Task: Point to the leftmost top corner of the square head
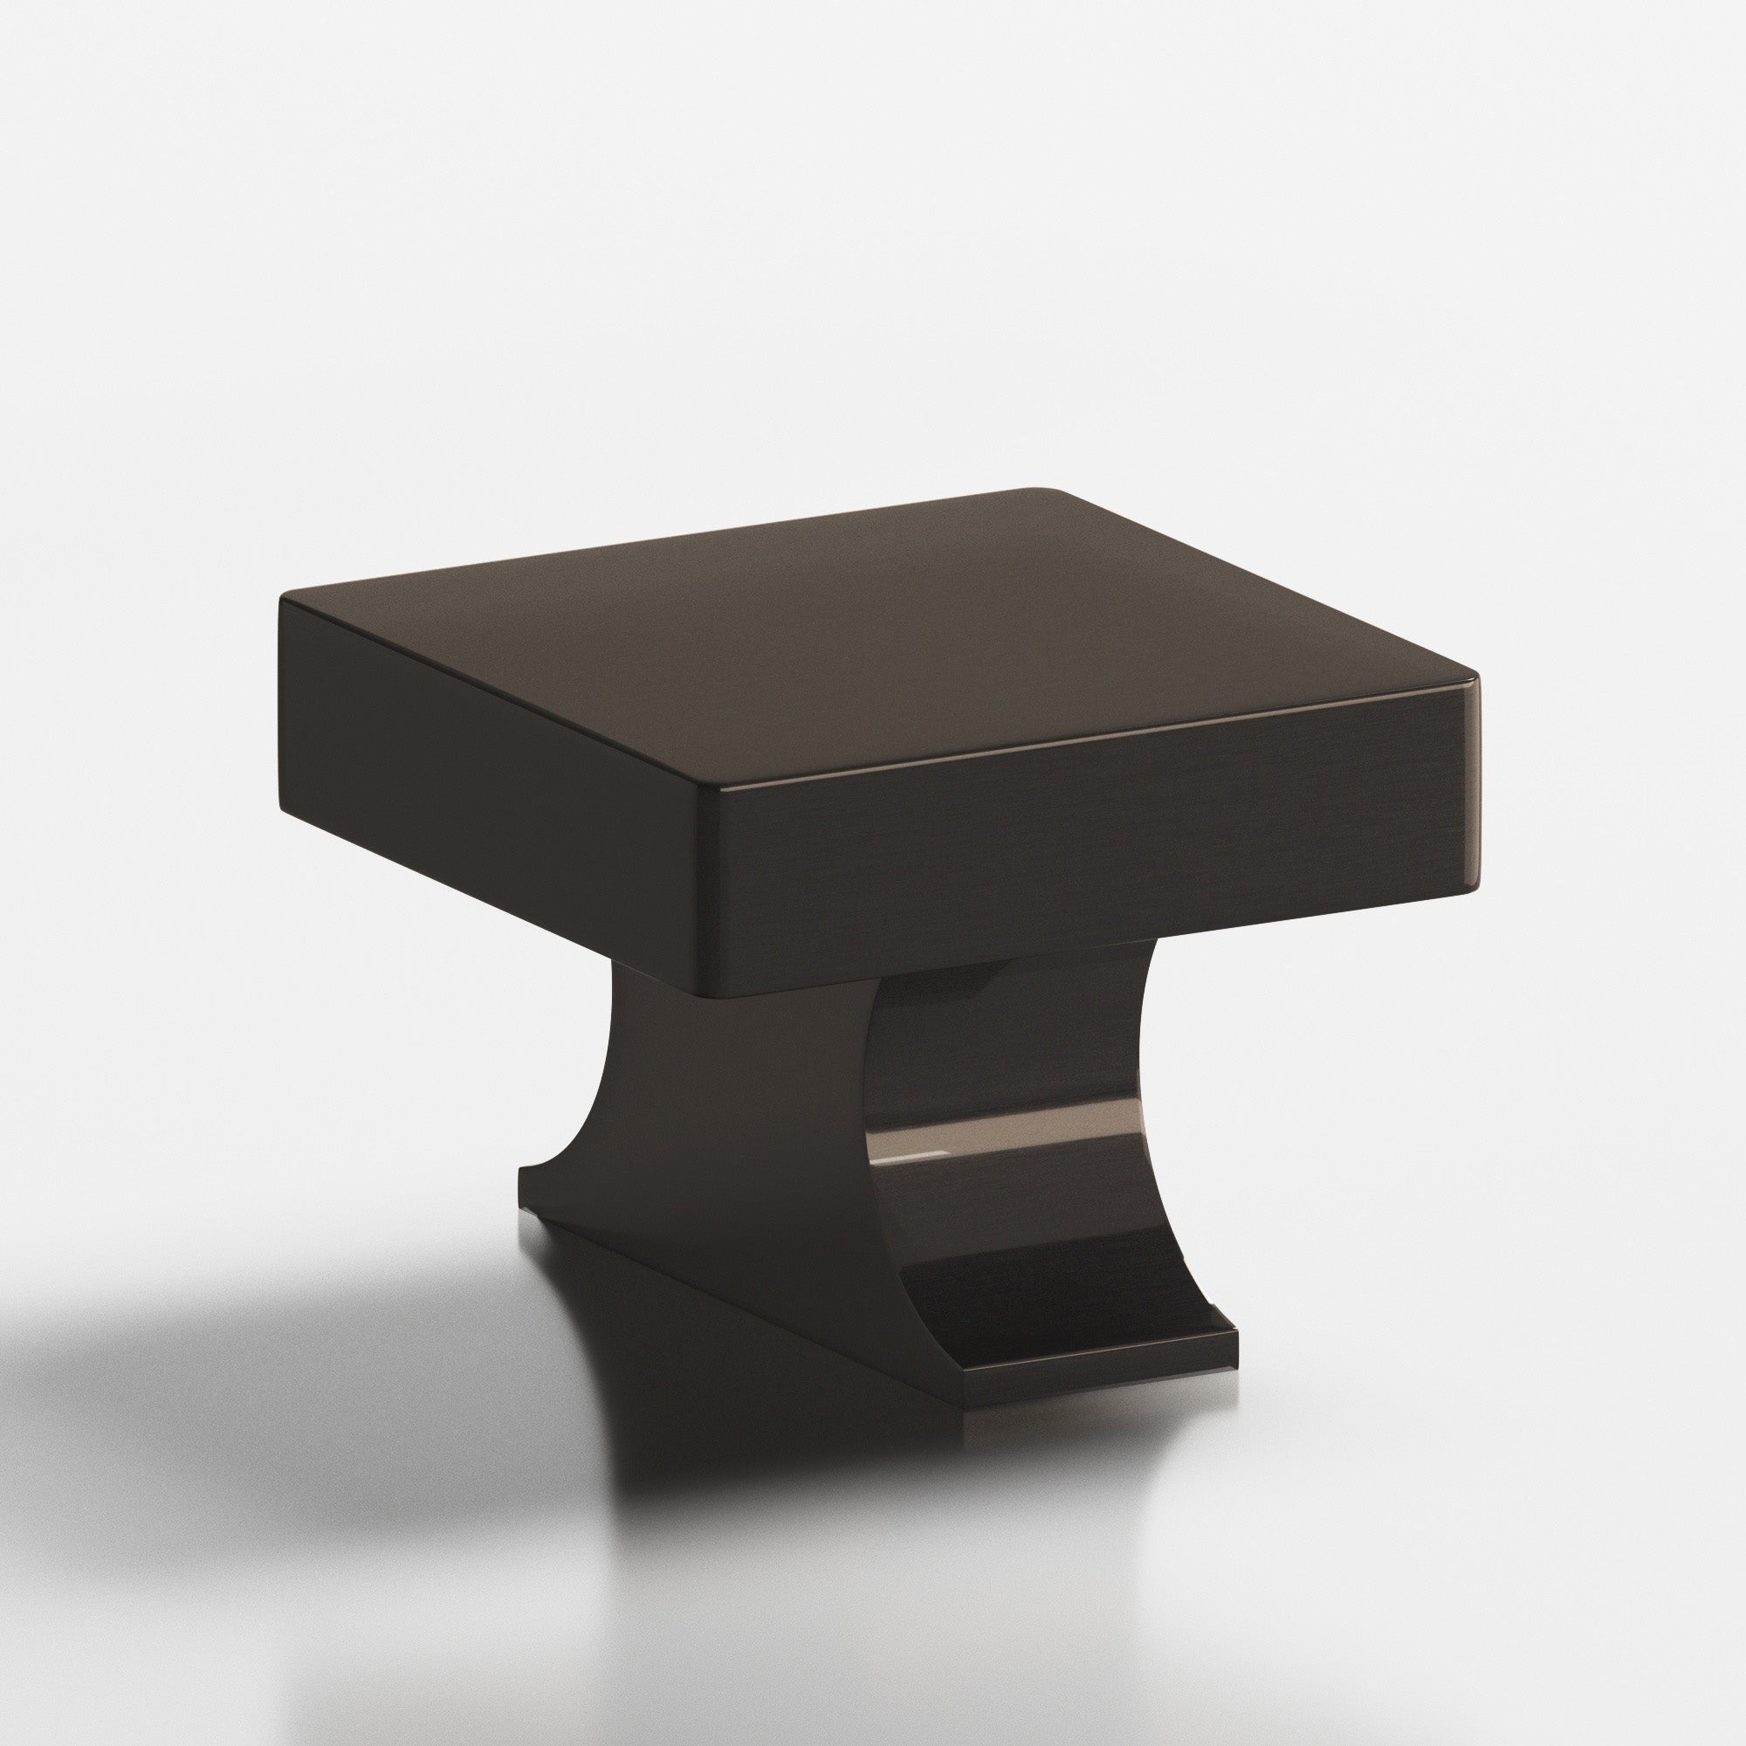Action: (x=283, y=600)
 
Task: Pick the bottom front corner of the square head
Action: (x=705, y=993)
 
